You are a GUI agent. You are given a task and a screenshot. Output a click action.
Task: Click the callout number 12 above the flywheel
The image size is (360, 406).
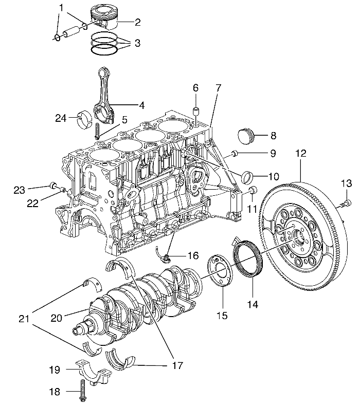click(x=300, y=153)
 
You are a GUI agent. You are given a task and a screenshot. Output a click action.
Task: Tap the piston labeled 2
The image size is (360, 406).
click(x=103, y=18)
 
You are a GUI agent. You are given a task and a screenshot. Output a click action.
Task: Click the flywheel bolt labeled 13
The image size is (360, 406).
click(x=346, y=202)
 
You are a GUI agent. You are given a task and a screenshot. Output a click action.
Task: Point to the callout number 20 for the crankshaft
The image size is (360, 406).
click(x=57, y=318)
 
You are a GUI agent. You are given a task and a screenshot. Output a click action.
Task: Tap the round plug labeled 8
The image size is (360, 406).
click(x=246, y=135)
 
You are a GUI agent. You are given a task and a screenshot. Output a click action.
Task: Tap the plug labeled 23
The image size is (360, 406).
click(x=53, y=185)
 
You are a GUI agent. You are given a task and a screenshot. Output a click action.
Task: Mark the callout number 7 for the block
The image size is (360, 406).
click(x=218, y=88)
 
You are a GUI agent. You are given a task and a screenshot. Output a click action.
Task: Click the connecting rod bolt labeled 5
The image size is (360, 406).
click(x=98, y=131)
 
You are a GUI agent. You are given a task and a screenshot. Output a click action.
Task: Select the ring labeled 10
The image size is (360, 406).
click(x=246, y=176)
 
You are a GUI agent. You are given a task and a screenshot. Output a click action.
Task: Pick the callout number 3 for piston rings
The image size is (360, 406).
click(x=137, y=43)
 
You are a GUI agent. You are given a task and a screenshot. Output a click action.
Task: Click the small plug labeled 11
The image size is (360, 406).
click(x=253, y=190)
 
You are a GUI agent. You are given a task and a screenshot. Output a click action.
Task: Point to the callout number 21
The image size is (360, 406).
click(x=24, y=319)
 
